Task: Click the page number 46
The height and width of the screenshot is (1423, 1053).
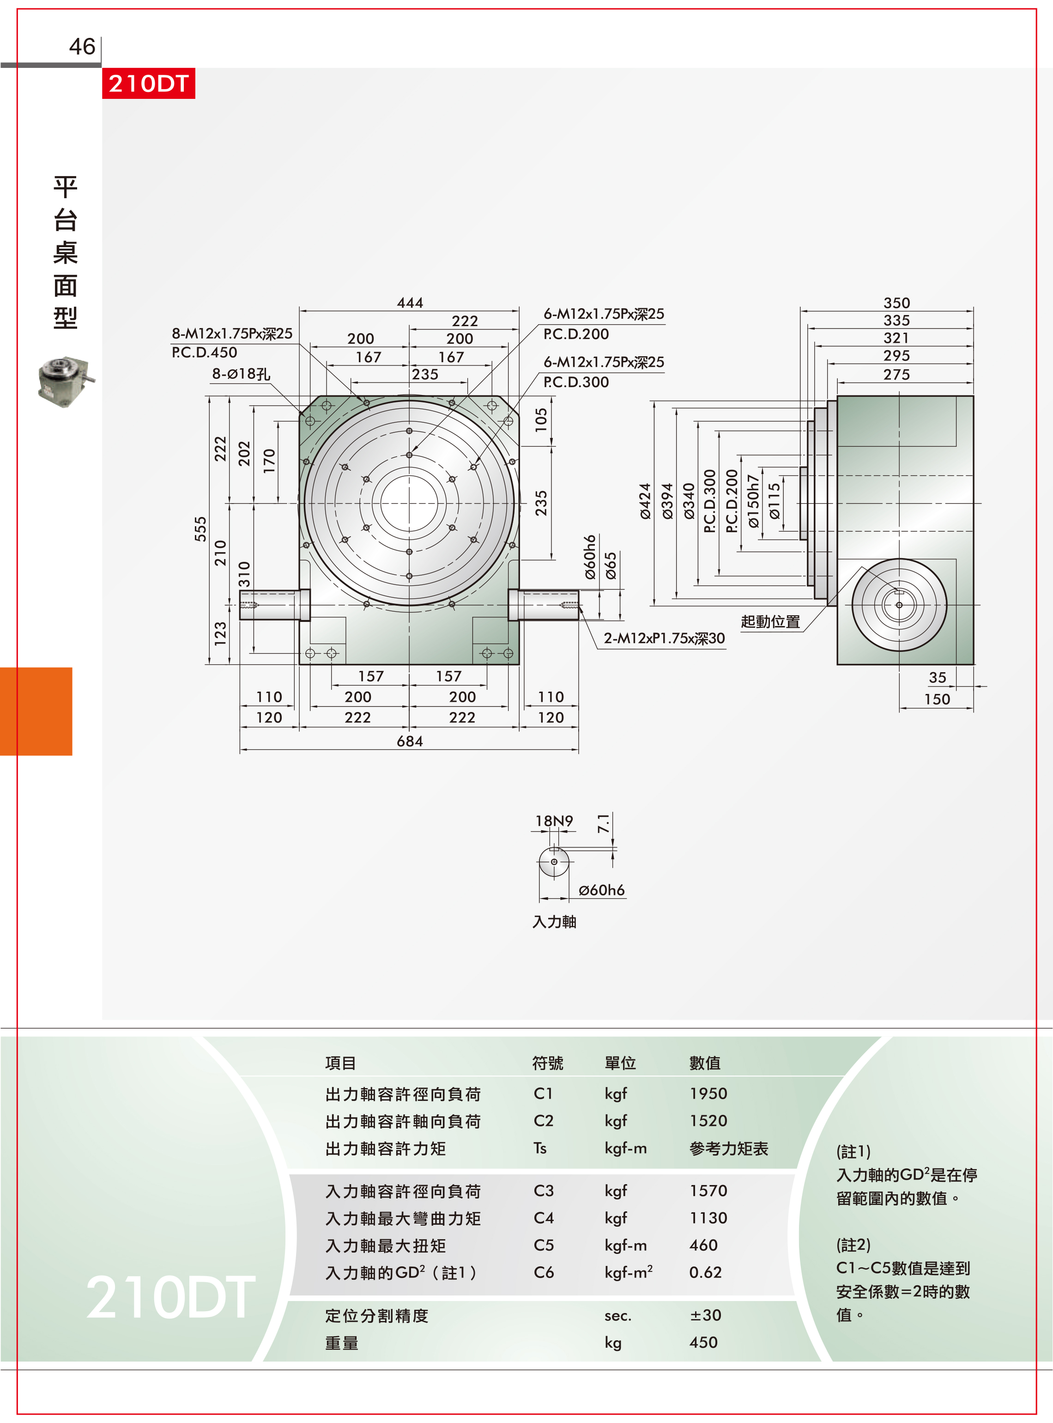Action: point(82,47)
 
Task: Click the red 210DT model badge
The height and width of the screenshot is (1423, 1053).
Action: point(149,84)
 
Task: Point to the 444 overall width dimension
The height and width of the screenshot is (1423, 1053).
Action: point(410,302)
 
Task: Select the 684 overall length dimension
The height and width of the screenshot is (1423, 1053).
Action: point(410,741)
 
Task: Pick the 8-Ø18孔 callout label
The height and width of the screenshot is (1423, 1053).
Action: point(241,374)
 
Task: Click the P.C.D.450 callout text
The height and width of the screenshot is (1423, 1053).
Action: point(204,352)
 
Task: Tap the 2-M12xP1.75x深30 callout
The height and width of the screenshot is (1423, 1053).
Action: point(664,638)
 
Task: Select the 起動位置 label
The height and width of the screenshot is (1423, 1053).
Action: point(770,621)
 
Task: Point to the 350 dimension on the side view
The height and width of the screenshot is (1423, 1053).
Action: point(897,303)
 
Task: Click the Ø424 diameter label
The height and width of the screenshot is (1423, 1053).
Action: point(646,501)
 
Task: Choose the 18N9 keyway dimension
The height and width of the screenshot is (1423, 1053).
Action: point(554,821)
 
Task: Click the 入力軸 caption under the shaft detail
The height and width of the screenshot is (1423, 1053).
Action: point(554,922)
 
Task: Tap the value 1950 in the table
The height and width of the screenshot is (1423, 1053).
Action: point(708,1094)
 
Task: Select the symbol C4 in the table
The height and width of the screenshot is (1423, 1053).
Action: point(544,1218)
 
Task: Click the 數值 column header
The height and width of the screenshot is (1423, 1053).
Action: point(705,1063)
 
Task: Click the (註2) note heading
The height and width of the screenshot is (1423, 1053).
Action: point(853,1245)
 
